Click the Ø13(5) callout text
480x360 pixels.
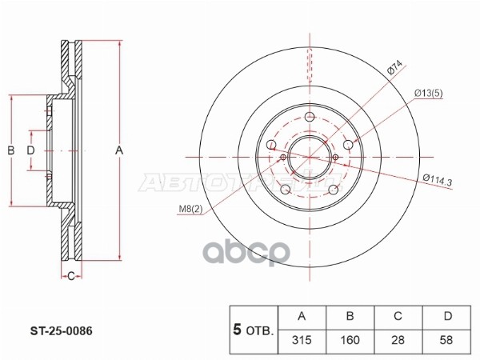[429, 94]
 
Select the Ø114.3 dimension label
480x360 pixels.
[435, 182]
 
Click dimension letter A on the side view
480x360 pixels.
[120, 150]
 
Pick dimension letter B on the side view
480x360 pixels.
[11, 150]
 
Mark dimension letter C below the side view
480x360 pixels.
[70, 277]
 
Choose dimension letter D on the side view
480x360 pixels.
[30, 150]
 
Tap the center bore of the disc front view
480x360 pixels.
[309, 154]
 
